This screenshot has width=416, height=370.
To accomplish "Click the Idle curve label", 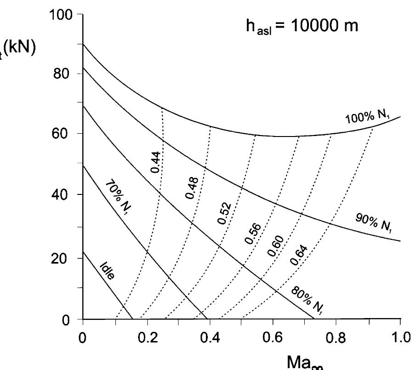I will coord(107,272).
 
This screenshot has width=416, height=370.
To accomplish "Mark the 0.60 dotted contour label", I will coord(275,245).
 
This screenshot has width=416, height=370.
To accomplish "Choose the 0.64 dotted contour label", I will coord(299,256).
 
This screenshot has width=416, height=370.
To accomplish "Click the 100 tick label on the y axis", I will coord(61,15).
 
